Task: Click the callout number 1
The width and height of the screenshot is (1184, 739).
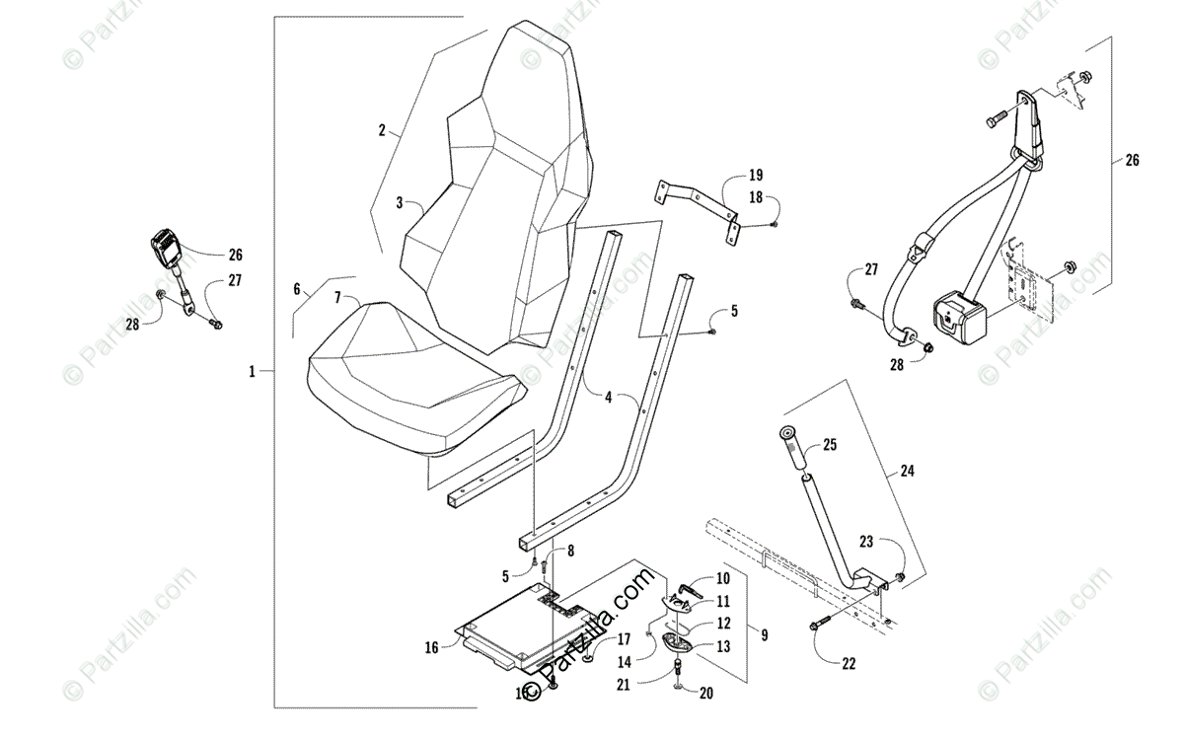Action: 252,371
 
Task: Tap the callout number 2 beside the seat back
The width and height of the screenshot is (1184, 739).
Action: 381,130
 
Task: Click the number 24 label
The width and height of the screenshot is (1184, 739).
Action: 907,471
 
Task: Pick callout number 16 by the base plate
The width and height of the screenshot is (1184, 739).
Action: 431,647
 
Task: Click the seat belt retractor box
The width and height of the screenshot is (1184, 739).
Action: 957,318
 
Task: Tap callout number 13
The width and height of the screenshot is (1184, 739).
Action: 723,646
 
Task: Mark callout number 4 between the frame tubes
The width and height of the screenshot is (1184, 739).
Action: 609,398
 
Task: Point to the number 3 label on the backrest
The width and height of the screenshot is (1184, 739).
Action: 400,202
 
